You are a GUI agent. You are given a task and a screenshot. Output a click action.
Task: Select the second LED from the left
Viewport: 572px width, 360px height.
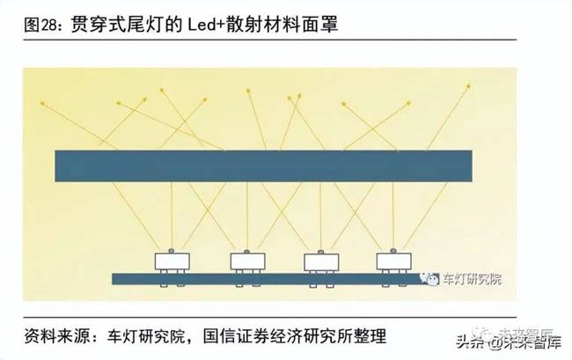point(248,261)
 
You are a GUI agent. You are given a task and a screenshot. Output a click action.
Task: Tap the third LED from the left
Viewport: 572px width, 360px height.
point(321,261)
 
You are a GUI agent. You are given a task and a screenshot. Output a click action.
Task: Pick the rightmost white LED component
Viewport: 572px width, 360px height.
point(393,261)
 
